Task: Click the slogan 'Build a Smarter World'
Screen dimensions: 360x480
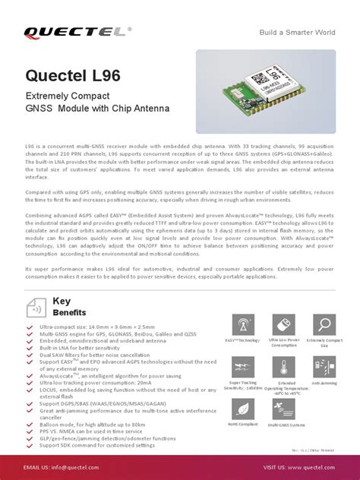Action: [297, 32]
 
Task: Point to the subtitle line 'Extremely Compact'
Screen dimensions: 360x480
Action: [68, 96]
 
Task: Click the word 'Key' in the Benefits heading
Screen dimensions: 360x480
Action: [62, 301]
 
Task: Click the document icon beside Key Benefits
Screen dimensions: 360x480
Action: [36, 307]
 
